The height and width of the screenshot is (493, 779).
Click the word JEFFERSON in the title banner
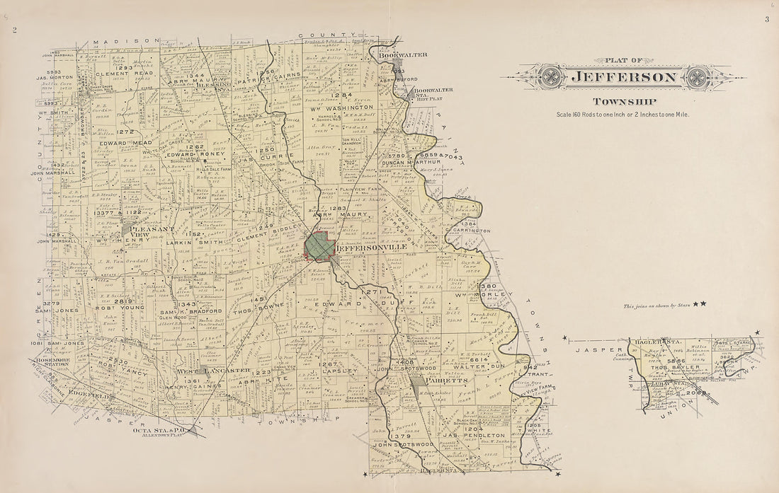click(x=624, y=77)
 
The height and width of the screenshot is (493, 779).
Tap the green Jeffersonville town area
click(x=319, y=247)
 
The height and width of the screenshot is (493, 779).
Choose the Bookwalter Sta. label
click(x=433, y=93)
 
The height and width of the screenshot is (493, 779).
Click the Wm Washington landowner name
click(x=344, y=108)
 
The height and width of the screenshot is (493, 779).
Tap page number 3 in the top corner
click(x=766, y=20)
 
